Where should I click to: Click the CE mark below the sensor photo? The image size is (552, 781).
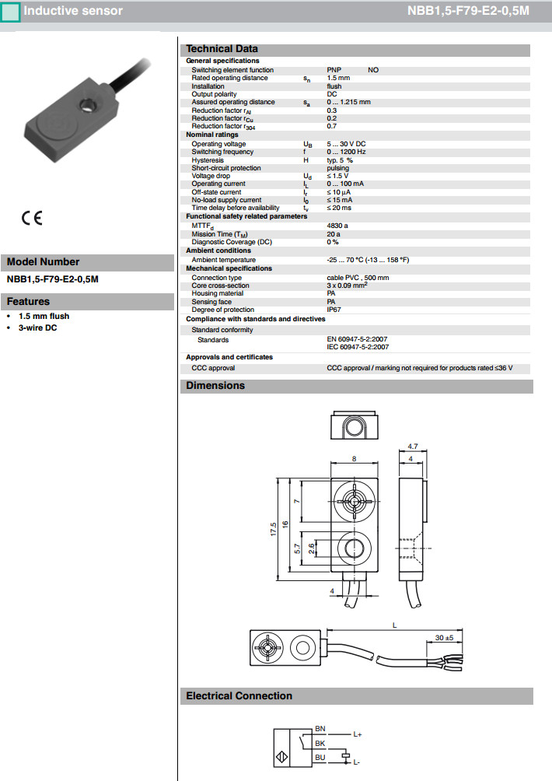(x=32, y=219)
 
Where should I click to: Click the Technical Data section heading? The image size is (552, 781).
(x=222, y=49)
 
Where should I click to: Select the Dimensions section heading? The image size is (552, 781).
(x=215, y=386)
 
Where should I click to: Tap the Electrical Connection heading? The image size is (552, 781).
(x=239, y=696)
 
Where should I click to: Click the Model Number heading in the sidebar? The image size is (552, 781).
(x=43, y=262)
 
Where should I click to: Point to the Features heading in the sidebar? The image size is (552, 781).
(x=28, y=302)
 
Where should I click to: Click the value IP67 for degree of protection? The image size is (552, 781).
(x=334, y=310)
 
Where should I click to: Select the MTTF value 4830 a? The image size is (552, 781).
(x=337, y=225)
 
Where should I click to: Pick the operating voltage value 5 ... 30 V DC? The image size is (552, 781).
(x=346, y=144)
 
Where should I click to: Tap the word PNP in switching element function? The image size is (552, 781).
(x=334, y=70)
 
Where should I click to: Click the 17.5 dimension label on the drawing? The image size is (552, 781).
(x=274, y=529)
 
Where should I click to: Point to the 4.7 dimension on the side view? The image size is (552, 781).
(x=413, y=447)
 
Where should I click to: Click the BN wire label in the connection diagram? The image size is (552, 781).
(x=320, y=729)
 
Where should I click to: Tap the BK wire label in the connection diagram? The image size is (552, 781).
(x=320, y=743)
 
